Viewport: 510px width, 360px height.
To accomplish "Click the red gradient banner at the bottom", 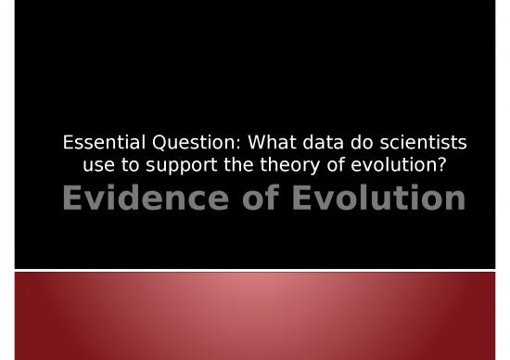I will (x=255, y=315).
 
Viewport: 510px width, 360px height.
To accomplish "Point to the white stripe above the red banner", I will (x=255, y=270).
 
